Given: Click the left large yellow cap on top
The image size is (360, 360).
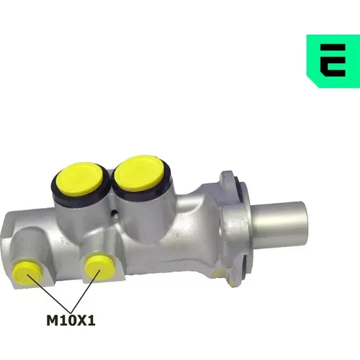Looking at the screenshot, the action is pyautogui.click(x=81, y=179).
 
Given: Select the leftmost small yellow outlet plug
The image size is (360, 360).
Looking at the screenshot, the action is pyautogui.click(x=27, y=272).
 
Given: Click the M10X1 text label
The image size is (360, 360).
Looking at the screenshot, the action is pyautogui.click(x=71, y=320).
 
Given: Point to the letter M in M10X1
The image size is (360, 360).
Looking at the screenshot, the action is pyautogui.click(x=52, y=320).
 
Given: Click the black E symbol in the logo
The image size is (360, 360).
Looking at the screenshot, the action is pyautogui.click(x=333, y=60).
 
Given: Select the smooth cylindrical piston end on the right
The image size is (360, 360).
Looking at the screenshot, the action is pyautogui.click(x=279, y=225).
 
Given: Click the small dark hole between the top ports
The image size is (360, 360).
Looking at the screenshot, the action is pyautogui.click(x=115, y=212).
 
